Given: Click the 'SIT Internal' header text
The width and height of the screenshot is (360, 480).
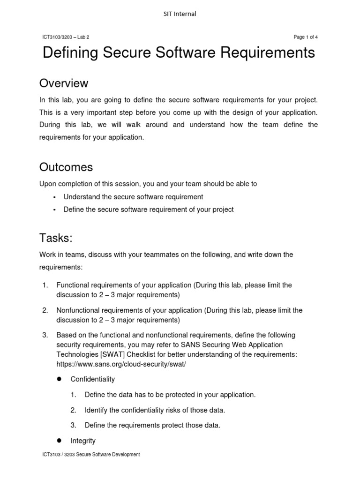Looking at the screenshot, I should [180, 14].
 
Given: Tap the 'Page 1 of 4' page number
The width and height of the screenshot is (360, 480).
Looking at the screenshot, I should [306, 37].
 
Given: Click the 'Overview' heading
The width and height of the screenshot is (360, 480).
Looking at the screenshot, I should [64, 83].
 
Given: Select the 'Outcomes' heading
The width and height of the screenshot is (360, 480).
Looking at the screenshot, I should [66, 167].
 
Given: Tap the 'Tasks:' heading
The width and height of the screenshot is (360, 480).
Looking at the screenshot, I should [56, 238].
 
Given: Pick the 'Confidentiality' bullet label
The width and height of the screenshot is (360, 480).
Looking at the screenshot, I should [92, 379].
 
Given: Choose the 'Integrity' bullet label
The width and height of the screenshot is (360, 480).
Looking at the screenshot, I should [83, 441].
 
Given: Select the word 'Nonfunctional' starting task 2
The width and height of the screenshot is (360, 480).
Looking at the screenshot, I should [78, 310].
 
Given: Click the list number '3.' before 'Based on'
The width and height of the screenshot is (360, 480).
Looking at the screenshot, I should [45, 335].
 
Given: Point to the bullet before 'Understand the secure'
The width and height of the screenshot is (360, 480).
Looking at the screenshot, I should [54, 197].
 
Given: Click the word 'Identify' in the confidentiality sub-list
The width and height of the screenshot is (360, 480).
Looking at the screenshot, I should [97, 410].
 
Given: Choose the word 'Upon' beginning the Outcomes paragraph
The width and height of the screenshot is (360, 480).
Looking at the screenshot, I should [47, 184].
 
